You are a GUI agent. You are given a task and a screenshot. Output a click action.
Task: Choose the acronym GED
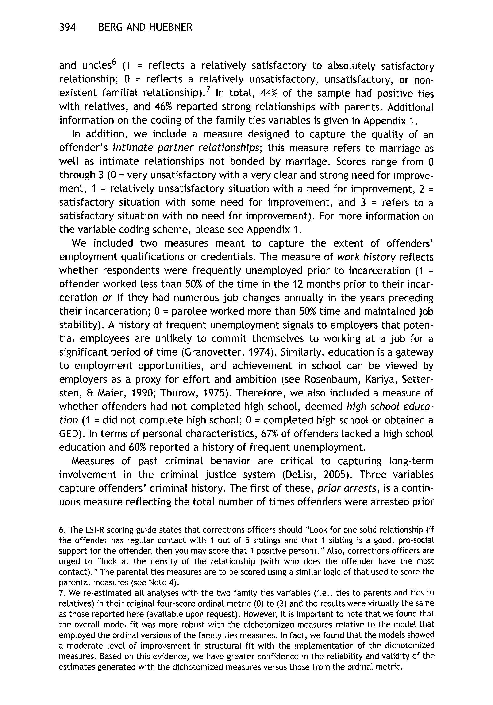(x=68, y=434)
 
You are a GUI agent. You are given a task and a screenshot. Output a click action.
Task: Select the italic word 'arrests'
(x=367, y=489)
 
